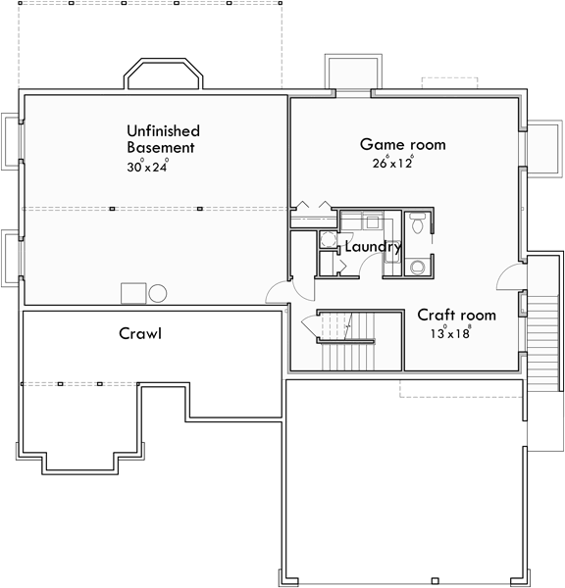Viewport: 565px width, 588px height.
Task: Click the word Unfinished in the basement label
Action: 163,130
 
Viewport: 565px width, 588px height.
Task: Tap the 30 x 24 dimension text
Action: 147,166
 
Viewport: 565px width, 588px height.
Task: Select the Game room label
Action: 402,144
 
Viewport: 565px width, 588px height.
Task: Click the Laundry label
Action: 373,247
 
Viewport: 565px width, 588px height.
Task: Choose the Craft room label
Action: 456,315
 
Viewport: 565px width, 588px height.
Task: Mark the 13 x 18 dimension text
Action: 450,333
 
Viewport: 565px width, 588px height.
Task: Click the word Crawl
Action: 140,333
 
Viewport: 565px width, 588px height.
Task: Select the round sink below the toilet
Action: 418,265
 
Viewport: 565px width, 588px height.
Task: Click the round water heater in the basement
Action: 157,292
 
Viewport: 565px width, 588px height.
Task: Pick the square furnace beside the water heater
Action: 132,293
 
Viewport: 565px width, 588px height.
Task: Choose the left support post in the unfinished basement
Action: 112,208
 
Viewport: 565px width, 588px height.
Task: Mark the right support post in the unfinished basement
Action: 199,208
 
